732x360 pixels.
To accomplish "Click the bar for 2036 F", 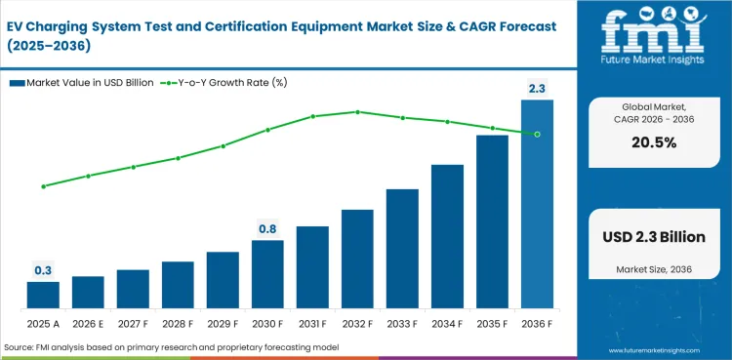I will tap(537, 205).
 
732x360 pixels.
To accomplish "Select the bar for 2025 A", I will tap(43, 296).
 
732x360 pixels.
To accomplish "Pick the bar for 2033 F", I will tap(402, 249).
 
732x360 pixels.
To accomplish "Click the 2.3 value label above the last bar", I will tap(537, 89).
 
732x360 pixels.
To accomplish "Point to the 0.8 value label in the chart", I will tap(267, 228).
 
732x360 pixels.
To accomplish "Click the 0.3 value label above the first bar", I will tap(43, 270).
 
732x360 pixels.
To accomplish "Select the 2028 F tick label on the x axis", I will tap(178, 324).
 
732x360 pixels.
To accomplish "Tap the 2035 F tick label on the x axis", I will tap(492, 324).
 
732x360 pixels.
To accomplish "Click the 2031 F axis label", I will tap(312, 324).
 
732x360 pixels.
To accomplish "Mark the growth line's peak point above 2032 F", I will tap(357, 111).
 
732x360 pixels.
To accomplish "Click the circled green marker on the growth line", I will tap(537, 134).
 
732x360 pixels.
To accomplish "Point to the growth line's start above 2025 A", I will tap(43, 185).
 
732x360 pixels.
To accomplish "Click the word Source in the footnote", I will tap(20, 347).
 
